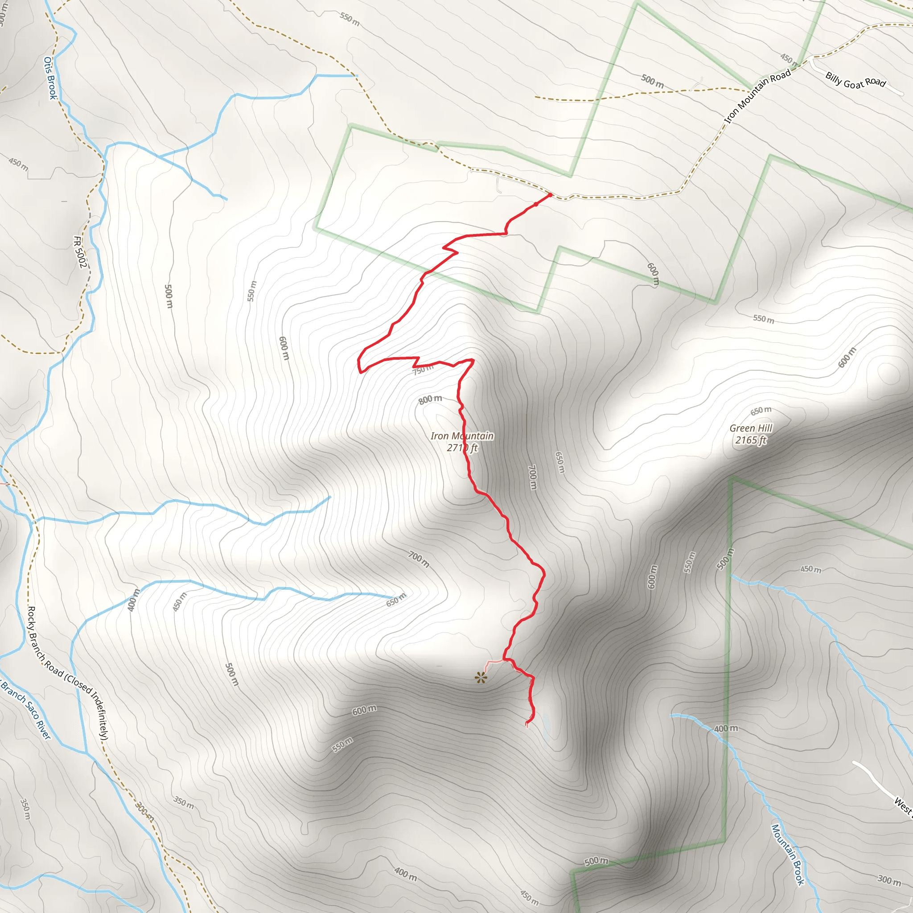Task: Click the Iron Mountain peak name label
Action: pos(462,436)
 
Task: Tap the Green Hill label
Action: pos(751,428)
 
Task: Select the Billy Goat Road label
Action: pos(855,80)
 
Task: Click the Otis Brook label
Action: pos(50,78)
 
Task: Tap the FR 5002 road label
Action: pos(80,252)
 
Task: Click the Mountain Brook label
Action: pos(788,855)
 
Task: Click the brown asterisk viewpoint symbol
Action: pos(481,679)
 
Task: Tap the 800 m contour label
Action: pos(430,399)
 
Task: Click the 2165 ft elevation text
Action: pos(750,440)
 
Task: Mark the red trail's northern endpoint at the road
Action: pos(550,195)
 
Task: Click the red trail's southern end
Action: pos(527,723)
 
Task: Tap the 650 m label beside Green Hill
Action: pos(761,411)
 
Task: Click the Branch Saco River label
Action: pos(25,709)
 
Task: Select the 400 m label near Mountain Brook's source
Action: pos(726,729)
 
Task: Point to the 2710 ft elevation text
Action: pos(462,448)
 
